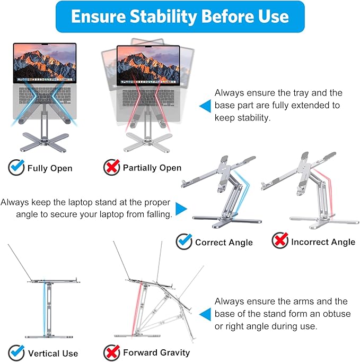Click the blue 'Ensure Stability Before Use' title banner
(180, 16)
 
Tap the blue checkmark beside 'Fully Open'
(16, 168)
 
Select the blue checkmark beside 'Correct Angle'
(184, 242)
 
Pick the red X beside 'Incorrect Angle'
(280, 242)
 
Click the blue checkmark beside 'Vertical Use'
(16, 352)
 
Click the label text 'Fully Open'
(50, 168)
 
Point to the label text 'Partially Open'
(152, 168)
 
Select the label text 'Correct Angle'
(224, 243)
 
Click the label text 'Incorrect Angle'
(323, 242)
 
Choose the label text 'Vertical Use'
(53, 353)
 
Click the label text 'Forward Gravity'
(156, 352)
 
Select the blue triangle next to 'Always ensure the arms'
(205, 314)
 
